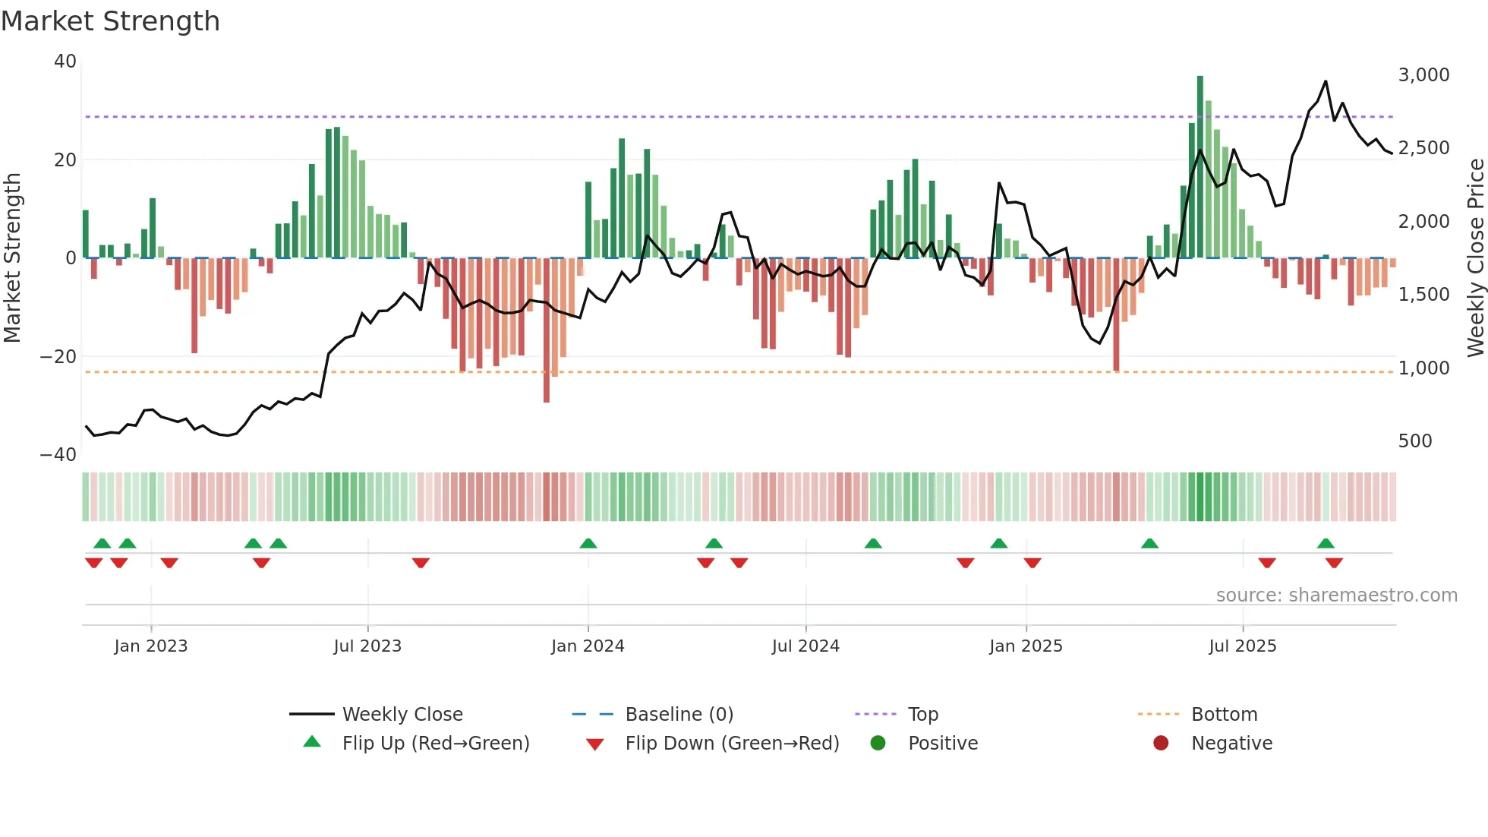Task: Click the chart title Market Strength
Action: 110,21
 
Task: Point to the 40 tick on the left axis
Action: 65,62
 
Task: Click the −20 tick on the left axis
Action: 58,357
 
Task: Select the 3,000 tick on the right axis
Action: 1423,75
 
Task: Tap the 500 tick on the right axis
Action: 1415,441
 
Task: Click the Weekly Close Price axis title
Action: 1475,257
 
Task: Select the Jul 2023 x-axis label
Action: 367,646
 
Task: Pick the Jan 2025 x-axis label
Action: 1026,646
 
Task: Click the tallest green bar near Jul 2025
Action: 1200,167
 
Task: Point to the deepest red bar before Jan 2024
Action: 547,330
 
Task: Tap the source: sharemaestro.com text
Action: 1336,595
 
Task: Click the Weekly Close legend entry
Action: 402,715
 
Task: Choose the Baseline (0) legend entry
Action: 679,715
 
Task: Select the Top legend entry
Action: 923,715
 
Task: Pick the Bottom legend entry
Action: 1224,715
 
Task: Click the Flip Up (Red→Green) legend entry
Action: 435,744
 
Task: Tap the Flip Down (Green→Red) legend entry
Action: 732,744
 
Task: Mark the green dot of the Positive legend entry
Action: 878,744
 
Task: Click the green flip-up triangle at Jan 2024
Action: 588,543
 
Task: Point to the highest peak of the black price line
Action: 1326,81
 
